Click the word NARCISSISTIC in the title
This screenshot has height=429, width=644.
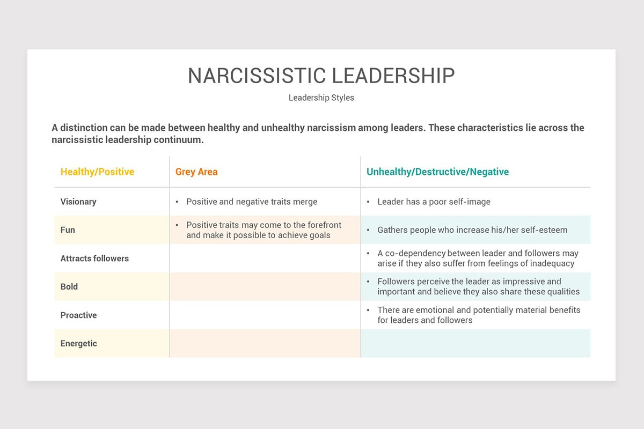coord(257,76)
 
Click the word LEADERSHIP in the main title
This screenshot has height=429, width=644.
coord(393,76)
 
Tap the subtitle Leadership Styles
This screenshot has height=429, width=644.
coord(321,98)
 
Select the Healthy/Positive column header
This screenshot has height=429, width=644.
coord(97,172)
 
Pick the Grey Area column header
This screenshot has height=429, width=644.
coord(196,172)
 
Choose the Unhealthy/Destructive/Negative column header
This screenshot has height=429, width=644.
coord(437,172)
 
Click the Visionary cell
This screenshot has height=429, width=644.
coord(78,202)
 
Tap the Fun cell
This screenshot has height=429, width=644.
coord(68,230)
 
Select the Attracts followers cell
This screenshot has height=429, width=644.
coord(94,258)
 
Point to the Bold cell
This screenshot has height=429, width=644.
coord(69,287)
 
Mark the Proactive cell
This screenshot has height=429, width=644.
coord(78,315)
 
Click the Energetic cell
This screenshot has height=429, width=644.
coord(78,344)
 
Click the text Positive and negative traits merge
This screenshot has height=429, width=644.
coord(252,202)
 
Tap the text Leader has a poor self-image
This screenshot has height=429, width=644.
coord(434,202)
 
